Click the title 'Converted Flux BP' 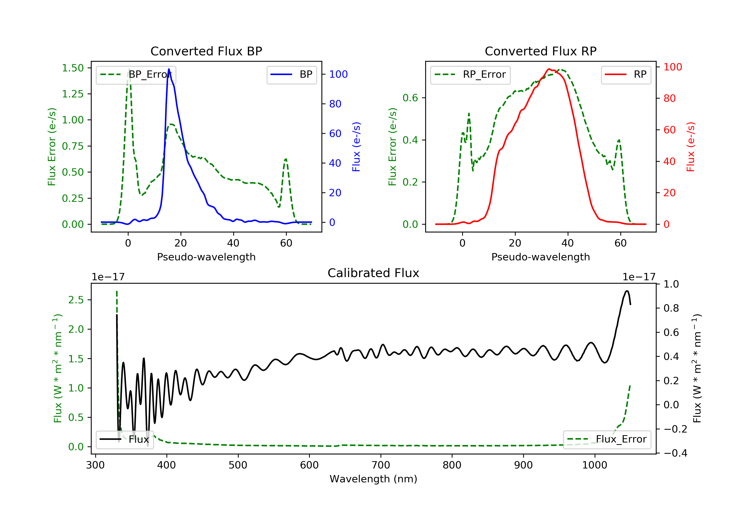click(x=206, y=51)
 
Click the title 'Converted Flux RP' click(x=540, y=51)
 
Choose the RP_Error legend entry click(x=470, y=75)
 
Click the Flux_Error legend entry click(x=607, y=439)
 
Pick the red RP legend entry click(x=625, y=75)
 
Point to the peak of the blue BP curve click(x=169, y=69)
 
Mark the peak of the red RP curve click(x=549, y=69)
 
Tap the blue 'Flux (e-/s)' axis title click(x=356, y=147)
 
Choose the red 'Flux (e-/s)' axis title click(x=691, y=147)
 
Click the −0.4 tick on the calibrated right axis click(x=675, y=453)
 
